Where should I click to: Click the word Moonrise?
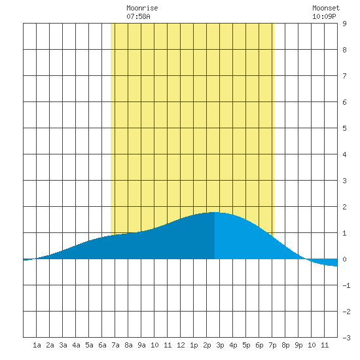[142, 8]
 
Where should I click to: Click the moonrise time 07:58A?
[138, 16]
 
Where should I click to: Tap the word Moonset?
[326, 8]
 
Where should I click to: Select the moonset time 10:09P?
[324, 16]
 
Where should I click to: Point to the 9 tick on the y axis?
[344, 24]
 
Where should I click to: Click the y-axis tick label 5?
[344, 128]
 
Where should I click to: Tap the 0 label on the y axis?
[344, 259]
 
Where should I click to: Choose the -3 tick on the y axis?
[346, 338]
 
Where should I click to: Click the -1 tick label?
[346, 285]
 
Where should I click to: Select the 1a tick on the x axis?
[37, 345]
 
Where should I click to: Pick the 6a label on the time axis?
[102, 345]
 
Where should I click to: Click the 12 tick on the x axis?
[181, 345]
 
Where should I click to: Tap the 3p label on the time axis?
[220, 345]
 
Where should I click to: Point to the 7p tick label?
[272, 345]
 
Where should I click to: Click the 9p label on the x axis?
[298, 345]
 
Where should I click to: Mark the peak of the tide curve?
[215, 212]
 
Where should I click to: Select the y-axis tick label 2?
[344, 207]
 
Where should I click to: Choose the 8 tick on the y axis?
[344, 50]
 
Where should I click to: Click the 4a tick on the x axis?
[76, 345]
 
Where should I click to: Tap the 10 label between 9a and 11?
[154, 345]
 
